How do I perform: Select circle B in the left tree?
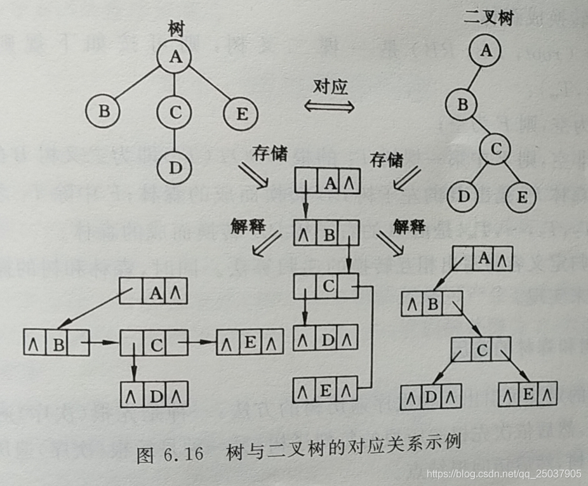coord(104,112)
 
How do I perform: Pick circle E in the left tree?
coord(241,114)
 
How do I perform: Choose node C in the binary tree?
coord(496,150)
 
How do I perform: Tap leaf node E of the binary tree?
coord(521,196)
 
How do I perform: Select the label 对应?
coord(331,86)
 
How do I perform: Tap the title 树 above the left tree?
coord(176,27)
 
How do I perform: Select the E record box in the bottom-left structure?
coord(250,343)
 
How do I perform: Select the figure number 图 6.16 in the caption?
coord(170,456)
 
